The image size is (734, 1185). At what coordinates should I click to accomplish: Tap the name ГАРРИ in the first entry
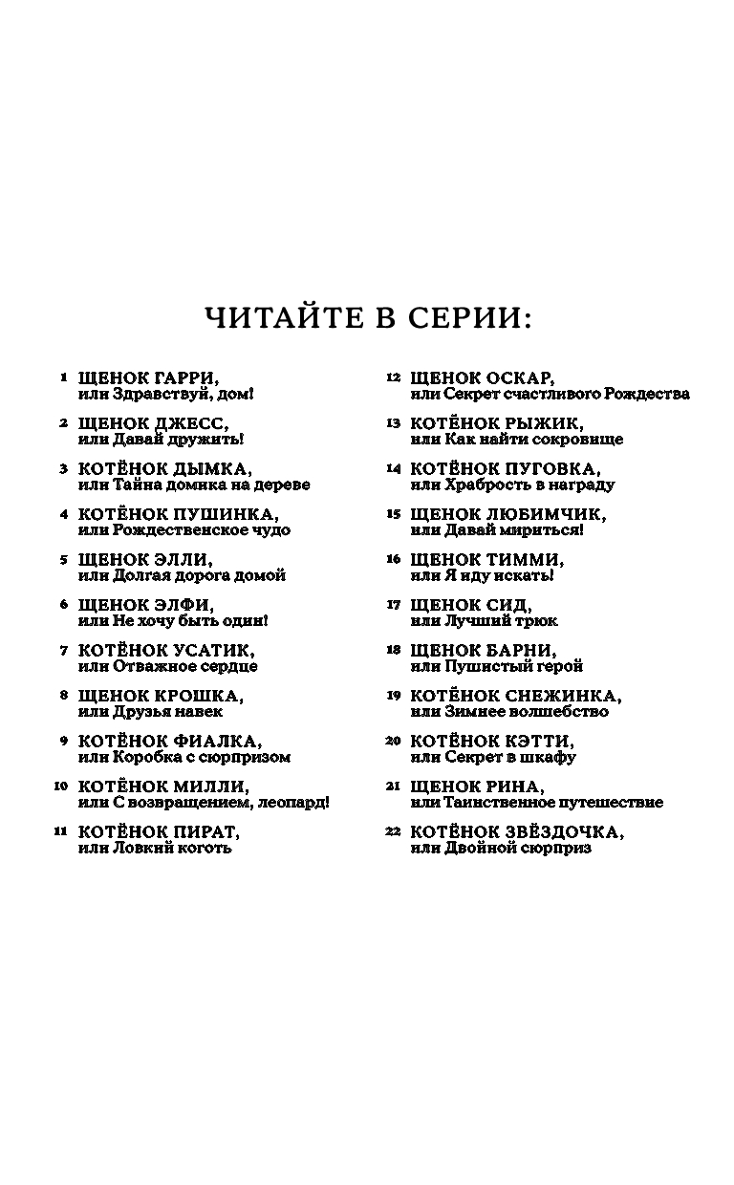click(198, 377)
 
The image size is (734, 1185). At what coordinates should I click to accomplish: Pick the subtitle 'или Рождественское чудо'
click(183, 530)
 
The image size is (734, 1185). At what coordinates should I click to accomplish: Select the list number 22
click(392, 831)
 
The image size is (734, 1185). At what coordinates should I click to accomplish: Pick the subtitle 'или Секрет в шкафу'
click(493, 758)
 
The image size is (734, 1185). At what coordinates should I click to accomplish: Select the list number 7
click(64, 651)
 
